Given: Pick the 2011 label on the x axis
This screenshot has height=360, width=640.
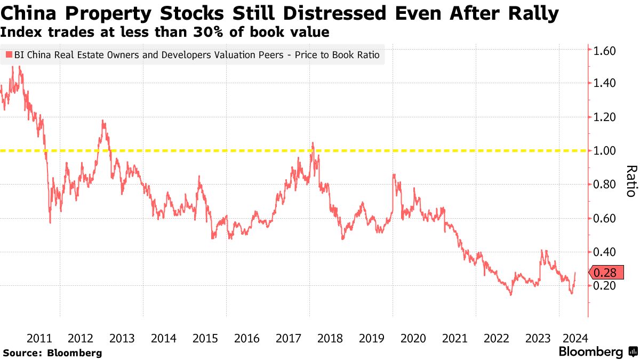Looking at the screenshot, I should pyautogui.click(x=39, y=338).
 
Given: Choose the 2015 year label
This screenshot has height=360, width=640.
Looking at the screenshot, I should pyautogui.click(x=205, y=338).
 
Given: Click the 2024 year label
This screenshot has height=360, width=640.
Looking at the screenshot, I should pyautogui.click(x=575, y=338).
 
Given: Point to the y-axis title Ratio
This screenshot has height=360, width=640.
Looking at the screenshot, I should pyautogui.click(x=631, y=181).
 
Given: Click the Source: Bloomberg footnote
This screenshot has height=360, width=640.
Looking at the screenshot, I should pyautogui.click(x=52, y=353).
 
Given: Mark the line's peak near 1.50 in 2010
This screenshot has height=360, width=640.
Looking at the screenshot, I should pyautogui.click(x=20, y=67).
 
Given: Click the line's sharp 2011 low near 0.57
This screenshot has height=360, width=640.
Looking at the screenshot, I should pyautogui.click(x=50, y=222).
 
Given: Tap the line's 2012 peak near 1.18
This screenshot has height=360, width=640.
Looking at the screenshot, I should pyautogui.click(x=102, y=121).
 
